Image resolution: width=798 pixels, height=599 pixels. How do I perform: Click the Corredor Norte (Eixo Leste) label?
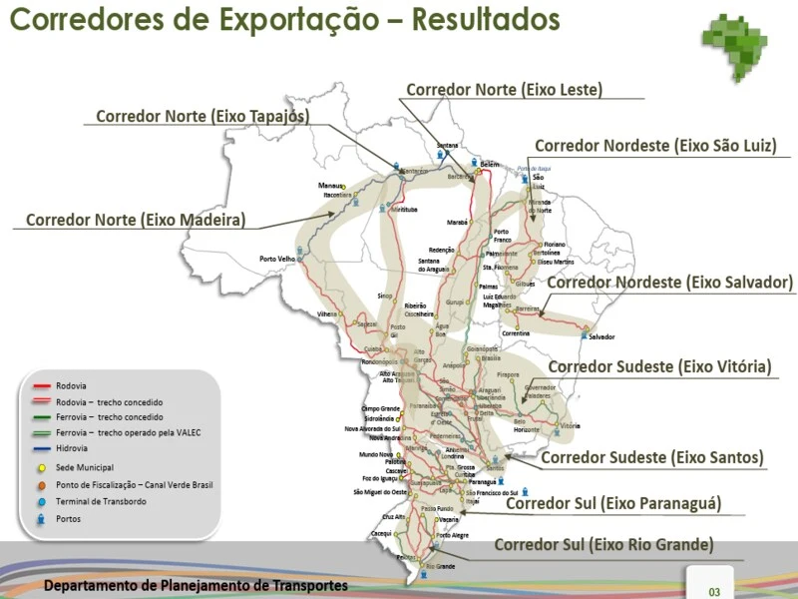point(504,89)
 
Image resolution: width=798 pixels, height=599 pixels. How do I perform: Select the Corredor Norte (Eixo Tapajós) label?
point(201,117)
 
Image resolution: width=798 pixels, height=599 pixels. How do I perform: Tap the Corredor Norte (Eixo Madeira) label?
point(136,220)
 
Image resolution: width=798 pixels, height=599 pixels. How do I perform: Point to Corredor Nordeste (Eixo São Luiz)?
point(655,146)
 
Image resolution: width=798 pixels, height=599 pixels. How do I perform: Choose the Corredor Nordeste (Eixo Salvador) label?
point(669,283)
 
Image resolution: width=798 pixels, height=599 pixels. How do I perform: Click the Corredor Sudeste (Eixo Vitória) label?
point(659,367)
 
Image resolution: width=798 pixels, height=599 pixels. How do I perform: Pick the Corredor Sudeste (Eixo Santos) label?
point(652,458)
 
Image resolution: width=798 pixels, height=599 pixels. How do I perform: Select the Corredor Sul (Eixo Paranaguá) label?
point(613,503)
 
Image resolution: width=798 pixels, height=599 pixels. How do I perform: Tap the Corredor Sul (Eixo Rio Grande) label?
point(603,545)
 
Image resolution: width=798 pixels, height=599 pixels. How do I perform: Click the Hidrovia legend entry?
point(71,449)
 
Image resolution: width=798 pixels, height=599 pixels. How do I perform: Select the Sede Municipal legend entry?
point(85,467)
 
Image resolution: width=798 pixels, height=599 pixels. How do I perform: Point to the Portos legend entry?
point(69,519)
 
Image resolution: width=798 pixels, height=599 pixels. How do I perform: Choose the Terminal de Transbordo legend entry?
point(102,501)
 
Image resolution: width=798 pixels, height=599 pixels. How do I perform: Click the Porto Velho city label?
point(278,259)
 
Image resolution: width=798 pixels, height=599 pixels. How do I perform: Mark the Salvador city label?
point(602,336)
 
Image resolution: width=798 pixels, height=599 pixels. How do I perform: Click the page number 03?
point(714,592)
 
